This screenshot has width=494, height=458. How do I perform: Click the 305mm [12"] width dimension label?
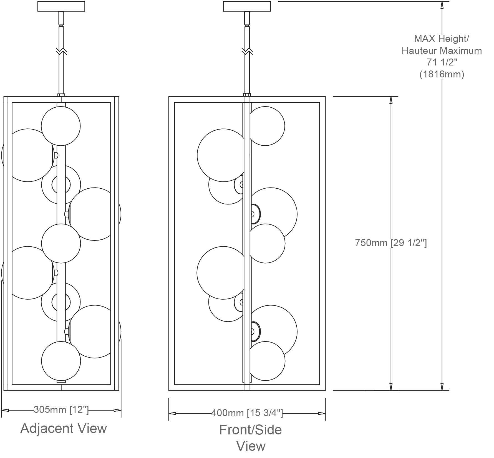coord(61,409)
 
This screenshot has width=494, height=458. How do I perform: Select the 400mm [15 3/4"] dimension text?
coord(247,413)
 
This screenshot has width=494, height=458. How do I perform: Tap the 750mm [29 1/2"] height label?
coord(391,243)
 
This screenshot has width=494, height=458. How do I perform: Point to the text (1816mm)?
coord(442,74)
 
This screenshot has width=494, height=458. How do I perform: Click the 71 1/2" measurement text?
coord(442,62)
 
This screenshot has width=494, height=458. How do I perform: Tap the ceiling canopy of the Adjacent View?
coord(61,7)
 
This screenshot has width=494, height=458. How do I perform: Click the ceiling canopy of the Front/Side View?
coord(247,7)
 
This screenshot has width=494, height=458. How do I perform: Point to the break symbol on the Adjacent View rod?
coord(61,51)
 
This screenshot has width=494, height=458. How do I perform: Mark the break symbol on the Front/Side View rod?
coord(247,51)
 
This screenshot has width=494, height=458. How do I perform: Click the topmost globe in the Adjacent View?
coord(61,126)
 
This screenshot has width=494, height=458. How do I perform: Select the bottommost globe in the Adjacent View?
coord(61,361)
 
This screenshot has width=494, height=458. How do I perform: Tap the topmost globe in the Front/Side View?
coord(266,126)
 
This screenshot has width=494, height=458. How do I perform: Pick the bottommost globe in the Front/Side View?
coord(267,361)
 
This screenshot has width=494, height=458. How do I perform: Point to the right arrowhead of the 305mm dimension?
coord(117,410)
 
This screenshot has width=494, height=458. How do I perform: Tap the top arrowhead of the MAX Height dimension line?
coord(442,5)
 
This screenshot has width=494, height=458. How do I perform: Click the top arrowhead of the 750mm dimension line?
coord(391,100)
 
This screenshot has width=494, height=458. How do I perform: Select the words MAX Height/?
coord(442,39)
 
